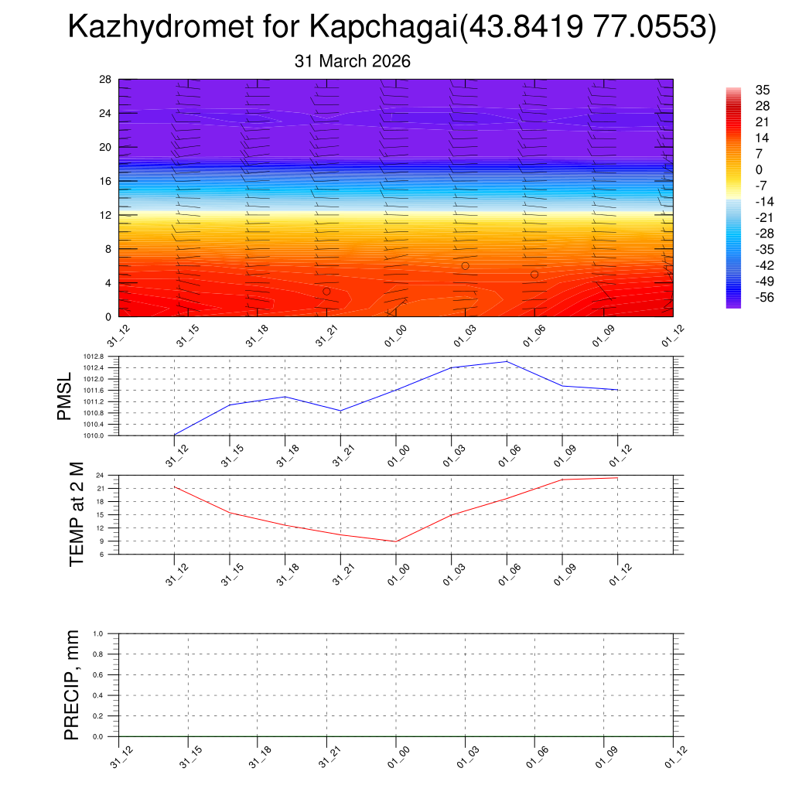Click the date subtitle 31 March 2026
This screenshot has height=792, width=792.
pos(353,61)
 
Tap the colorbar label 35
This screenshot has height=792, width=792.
pos(762,89)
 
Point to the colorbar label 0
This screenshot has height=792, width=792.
pos(759,169)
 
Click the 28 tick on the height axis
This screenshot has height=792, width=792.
pos(106,80)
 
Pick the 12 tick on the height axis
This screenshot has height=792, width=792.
pos(106,215)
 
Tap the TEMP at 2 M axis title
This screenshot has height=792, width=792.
pos(76,514)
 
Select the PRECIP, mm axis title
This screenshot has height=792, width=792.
pos(72,685)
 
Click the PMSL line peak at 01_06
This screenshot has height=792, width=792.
pos(507,361)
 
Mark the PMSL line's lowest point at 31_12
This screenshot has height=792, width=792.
pos(175,435)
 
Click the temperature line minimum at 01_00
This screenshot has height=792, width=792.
pos(396,541)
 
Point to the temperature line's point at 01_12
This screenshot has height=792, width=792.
pos(617,478)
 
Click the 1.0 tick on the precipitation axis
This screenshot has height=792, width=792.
pos(109,633)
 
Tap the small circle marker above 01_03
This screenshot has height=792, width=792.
pos(465,266)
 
